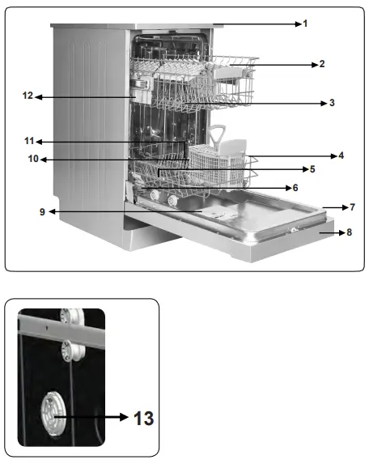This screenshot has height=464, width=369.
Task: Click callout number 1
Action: [305, 24]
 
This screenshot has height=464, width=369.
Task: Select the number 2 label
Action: [321, 63]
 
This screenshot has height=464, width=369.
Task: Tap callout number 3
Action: [332, 103]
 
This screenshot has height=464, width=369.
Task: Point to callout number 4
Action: [341, 155]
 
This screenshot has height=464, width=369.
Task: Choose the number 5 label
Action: [312, 169]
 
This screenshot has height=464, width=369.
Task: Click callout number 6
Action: [295, 187]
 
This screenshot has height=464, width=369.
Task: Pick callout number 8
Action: [349, 232]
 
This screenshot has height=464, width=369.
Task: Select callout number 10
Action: [33, 160]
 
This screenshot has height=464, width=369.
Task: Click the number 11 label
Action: [28, 141]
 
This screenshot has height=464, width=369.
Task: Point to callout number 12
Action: [27, 96]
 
